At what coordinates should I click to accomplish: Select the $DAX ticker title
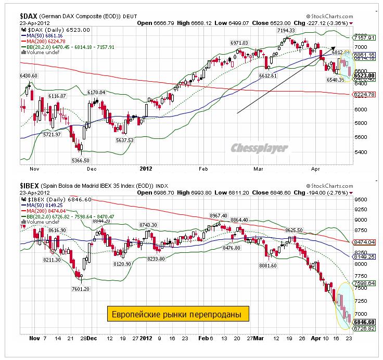tap(31, 16)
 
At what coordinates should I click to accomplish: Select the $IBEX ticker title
tap(32, 185)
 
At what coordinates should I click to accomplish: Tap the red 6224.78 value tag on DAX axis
tap(364, 95)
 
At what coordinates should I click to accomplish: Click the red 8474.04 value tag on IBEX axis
tap(364, 242)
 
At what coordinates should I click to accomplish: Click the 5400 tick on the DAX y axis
tap(359, 152)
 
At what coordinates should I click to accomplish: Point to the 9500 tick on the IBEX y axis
tap(359, 199)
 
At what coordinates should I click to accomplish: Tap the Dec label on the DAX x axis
tap(92, 169)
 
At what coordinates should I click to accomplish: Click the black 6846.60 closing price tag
tap(364, 322)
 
